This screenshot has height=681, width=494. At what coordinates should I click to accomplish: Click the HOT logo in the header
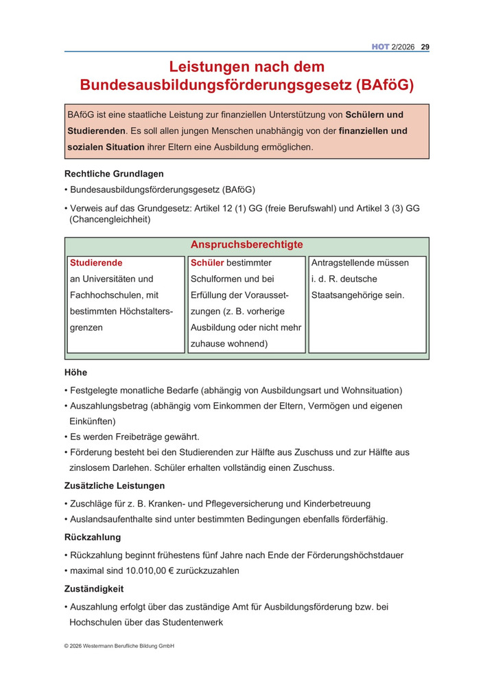click(x=380, y=47)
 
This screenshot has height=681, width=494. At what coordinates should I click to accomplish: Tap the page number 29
click(x=425, y=47)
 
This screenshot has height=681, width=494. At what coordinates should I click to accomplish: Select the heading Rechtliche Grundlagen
click(x=114, y=174)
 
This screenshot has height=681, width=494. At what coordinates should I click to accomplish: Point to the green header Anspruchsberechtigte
click(x=246, y=245)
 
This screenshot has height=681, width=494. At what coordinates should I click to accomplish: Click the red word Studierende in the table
click(x=97, y=263)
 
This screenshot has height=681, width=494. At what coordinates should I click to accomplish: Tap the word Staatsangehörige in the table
click(x=357, y=295)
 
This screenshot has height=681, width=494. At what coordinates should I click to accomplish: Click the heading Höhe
click(x=75, y=373)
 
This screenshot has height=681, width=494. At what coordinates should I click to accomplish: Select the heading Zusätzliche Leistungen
click(x=115, y=486)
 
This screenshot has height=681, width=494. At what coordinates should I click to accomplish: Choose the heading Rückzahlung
click(x=93, y=538)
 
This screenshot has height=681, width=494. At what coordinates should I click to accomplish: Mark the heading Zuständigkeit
click(x=94, y=589)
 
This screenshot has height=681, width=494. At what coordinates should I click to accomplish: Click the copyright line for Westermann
click(x=119, y=645)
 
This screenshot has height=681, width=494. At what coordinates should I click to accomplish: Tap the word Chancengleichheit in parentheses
click(x=109, y=220)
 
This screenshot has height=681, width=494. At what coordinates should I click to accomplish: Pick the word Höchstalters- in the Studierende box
click(x=139, y=312)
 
